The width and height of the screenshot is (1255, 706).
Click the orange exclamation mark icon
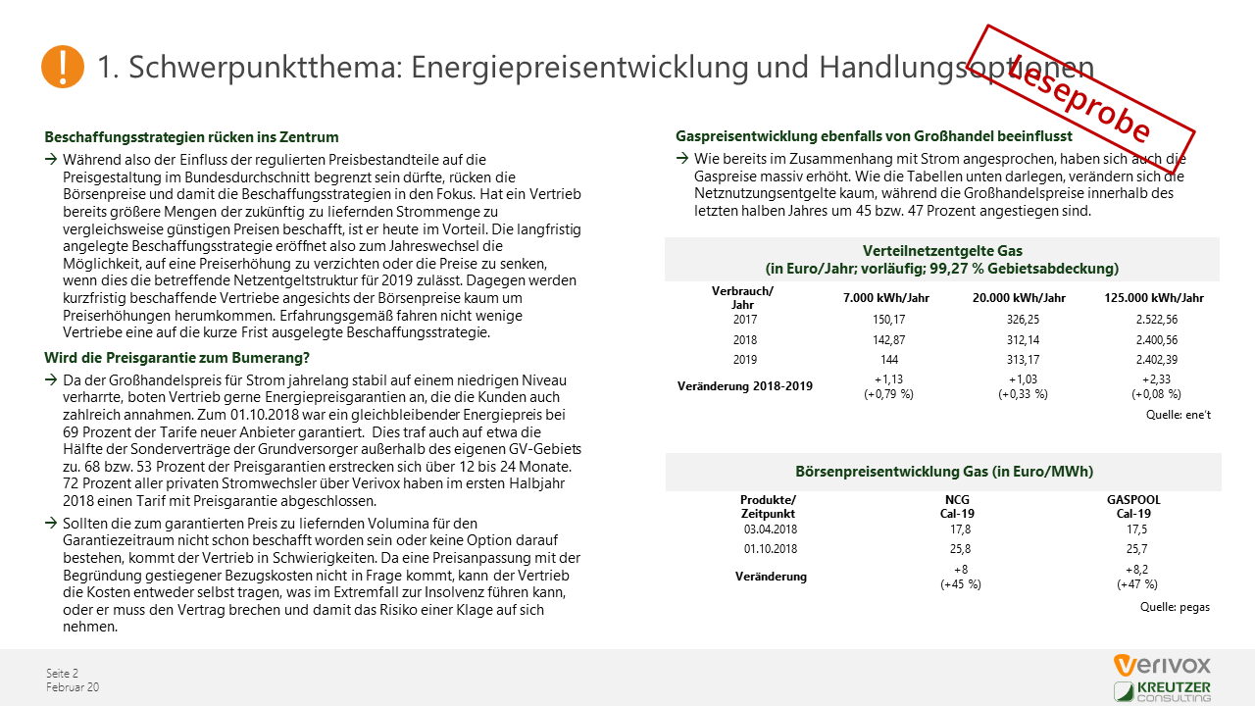point(63,66)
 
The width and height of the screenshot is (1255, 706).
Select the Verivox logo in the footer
point(1162,665)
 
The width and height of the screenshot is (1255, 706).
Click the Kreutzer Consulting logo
point(1162,691)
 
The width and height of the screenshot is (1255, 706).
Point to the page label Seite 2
point(62,673)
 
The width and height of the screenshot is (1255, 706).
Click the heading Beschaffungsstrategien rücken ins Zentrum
point(191,137)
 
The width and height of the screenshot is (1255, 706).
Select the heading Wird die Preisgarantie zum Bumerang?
point(176,358)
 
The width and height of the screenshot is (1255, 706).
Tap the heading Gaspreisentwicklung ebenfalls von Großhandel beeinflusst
point(874,136)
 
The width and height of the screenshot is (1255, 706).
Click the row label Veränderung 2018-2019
point(744,386)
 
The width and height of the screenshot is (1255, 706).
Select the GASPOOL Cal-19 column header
point(1132,507)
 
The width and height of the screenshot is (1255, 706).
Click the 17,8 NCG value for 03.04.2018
point(960,529)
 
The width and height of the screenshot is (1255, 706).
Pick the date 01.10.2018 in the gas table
point(770,549)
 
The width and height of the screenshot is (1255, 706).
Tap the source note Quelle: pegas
point(1175,607)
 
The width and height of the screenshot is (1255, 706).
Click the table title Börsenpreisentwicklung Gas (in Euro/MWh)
point(943,472)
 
